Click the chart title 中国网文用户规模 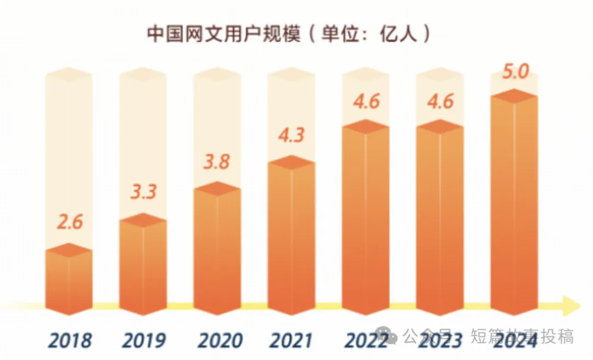pyautogui.click(x=223, y=33)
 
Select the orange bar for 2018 pyautogui.click(x=69, y=283)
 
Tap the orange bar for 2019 pyautogui.click(x=143, y=266)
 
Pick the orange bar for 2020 pyautogui.click(x=217, y=250)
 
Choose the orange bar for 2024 pyautogui.click(x=514, y=203)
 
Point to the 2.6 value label pyautogui.click(x=70, y=223)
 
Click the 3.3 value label pyautogui.click(x=143, y=193)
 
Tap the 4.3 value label pyautogui.click(x=291, y=134)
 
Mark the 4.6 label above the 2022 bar pyautogui.click(x=366, y=102)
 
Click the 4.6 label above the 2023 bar pyautogui.click(x=439, y=102)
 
